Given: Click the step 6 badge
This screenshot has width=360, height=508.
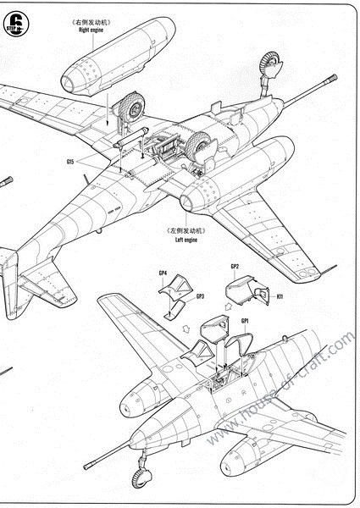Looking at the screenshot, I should click(x=15, y=18).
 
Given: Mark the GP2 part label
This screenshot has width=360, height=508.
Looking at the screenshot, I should click(x=235, y=268).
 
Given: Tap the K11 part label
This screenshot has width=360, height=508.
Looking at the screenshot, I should click(x=280, y=297).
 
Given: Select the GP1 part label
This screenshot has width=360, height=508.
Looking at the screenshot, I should click(x=245, y=323).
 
